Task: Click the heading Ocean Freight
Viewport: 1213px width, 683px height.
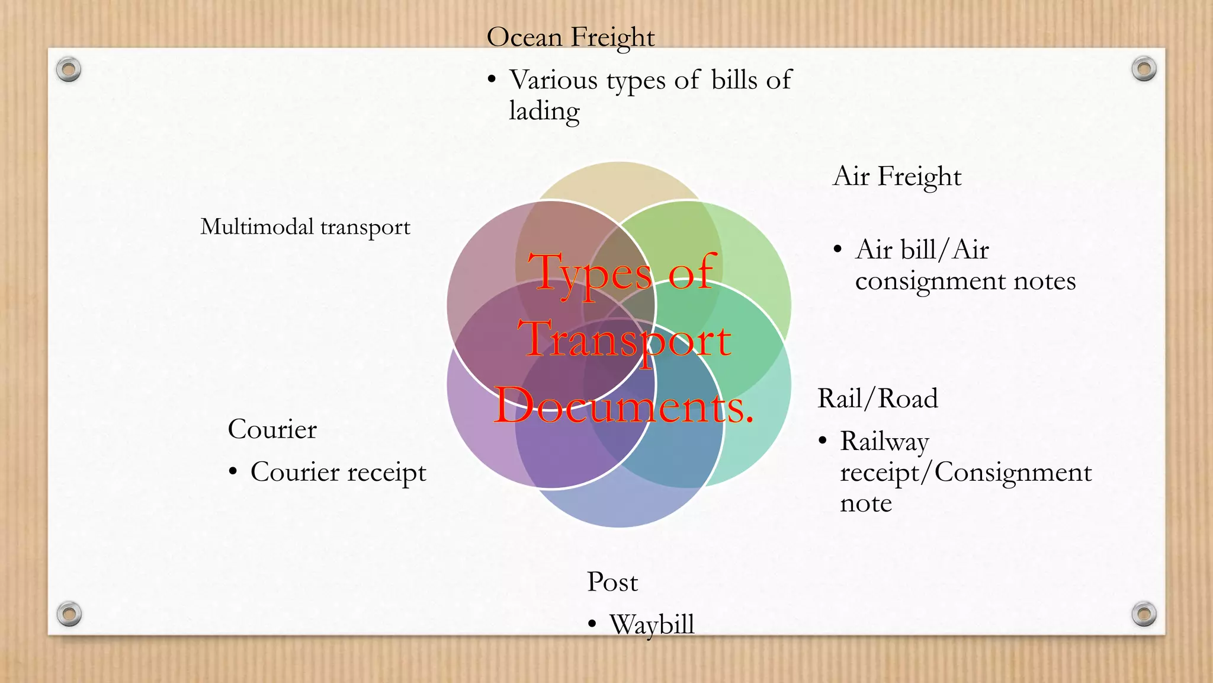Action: coord(570,37)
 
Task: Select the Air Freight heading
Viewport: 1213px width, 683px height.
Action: coord(897,177)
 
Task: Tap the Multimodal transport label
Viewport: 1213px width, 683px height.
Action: coord(305,227)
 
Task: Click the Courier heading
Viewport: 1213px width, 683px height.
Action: coord(272,429)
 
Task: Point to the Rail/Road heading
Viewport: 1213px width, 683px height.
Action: coord(877,398)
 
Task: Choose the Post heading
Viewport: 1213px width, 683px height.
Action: coord(612,582)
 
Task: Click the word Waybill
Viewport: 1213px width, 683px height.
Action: coord(652,624)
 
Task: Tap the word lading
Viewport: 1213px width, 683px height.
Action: coord(544,111)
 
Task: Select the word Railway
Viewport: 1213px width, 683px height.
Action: coord(884,442)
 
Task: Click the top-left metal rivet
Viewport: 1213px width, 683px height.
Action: coord(69,70)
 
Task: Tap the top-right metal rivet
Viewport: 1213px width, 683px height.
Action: coord(1144,69)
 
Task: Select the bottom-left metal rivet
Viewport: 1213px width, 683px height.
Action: coord(69,614)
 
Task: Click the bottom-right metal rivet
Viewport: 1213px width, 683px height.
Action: coord(1144,614)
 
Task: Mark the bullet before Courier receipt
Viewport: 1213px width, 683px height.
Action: coord(233,472)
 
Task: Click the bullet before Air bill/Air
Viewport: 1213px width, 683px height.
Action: coord(837,250)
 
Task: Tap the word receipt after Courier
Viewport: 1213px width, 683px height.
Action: coord(386,473)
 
